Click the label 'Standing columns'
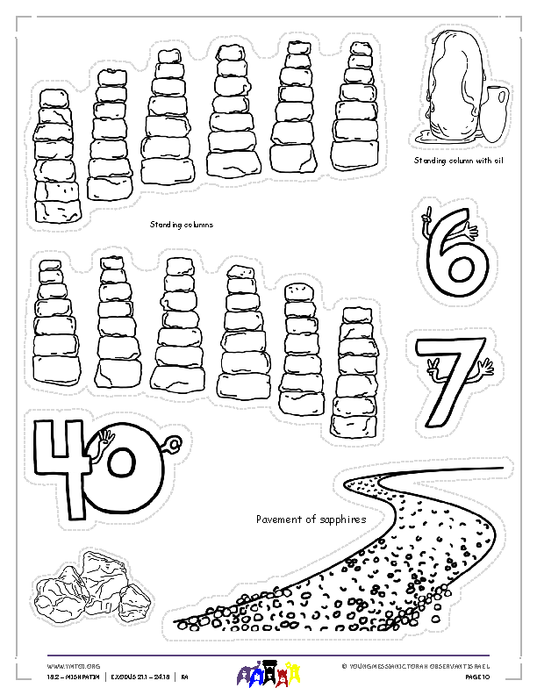(x=181, y=225)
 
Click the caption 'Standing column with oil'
(x=459, y=161)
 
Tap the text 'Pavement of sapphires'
(x=311, y=519)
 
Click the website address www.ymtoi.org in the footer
(x=67, y=667)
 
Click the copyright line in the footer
(x=420, y=667)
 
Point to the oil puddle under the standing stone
(x=426, y=136)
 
